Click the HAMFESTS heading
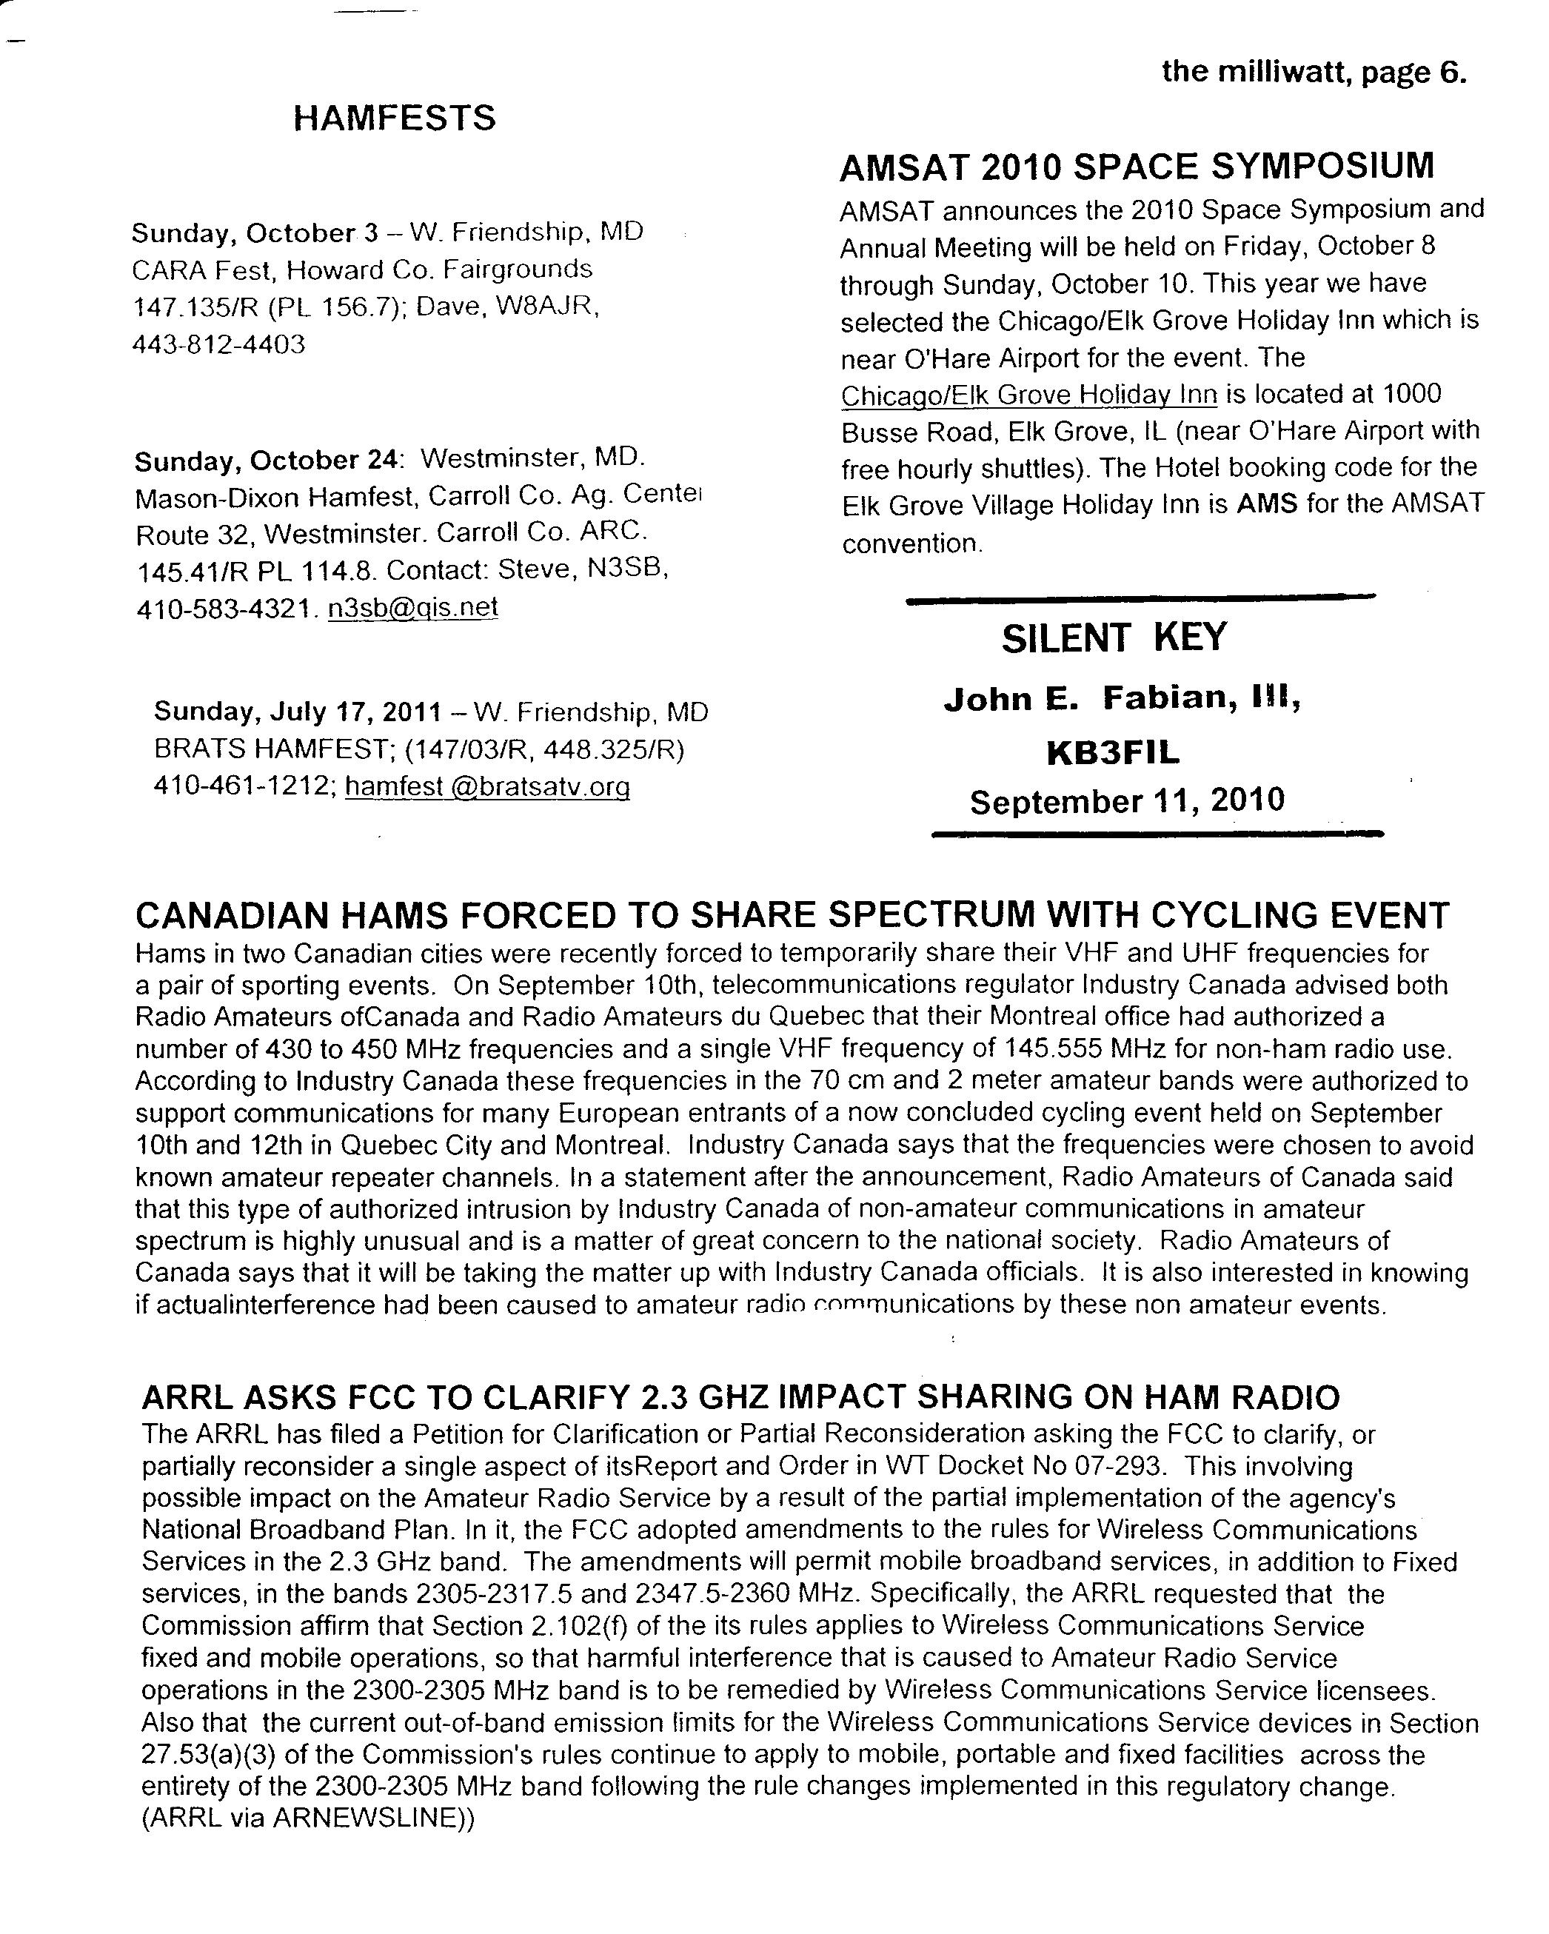click(x=394, y=118)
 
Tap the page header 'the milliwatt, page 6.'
click(x=1314, y=72)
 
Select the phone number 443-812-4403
click(x=219, y=344)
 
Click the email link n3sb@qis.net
click(x=412, y=607)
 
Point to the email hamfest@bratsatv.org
click(x=487, y=786)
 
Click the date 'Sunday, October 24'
click(x=266, y=461)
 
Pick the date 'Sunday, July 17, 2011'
click(x=298, y=712)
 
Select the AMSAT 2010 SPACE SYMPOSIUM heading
click(x=1137, y=167)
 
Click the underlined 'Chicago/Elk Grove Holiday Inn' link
click(x=1028, y=395)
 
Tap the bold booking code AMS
click(x=1266, y=503)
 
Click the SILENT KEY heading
click(x=1114, y=638)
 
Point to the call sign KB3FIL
click(x=1113, y=752)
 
